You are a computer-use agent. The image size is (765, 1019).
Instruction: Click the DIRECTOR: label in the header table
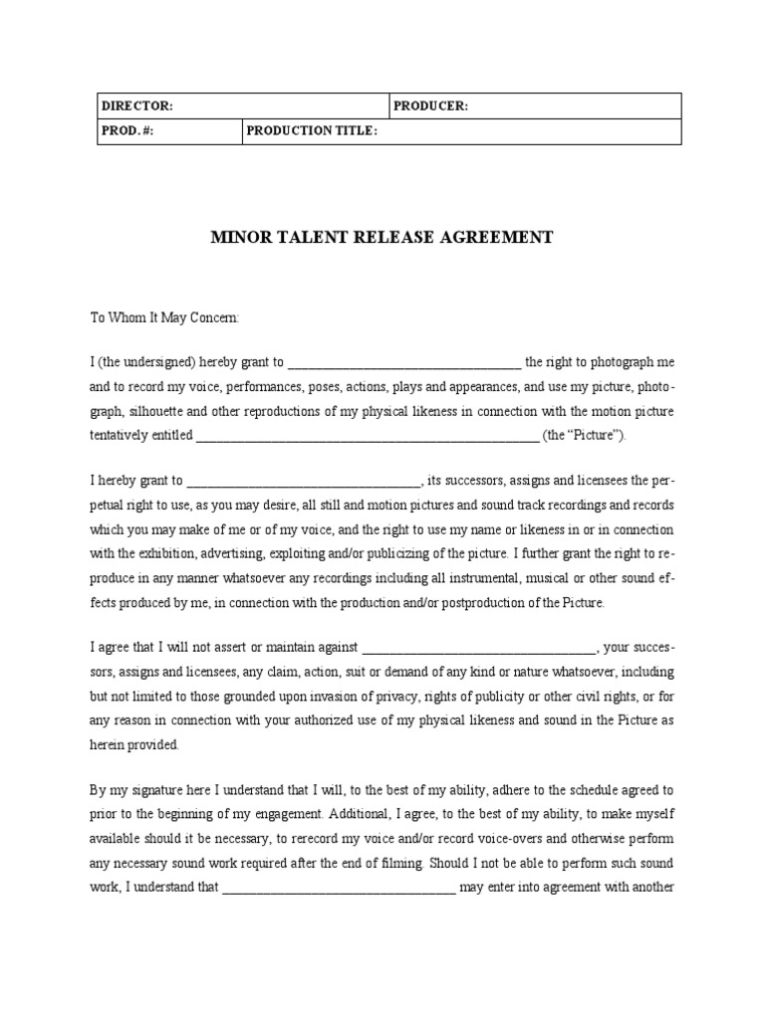(x=137, y=106)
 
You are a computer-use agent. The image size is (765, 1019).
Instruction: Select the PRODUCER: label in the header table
(x=430, y=106)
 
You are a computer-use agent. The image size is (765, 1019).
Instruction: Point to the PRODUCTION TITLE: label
(x=312, y=131)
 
